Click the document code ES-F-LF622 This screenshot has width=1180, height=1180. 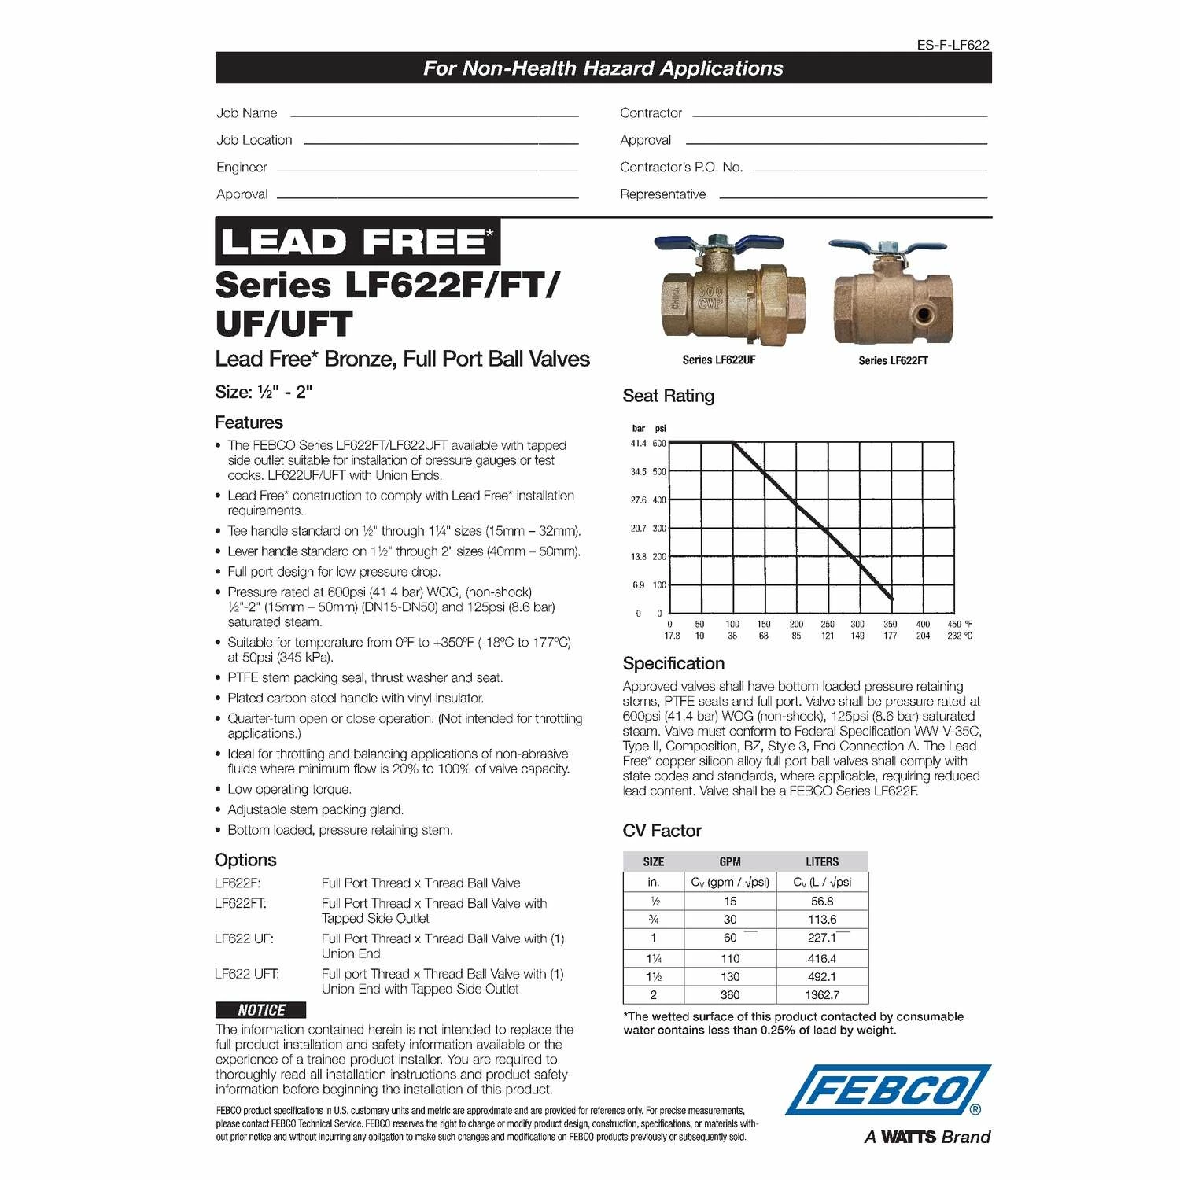point(953,45)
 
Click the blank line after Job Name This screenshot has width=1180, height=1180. point(434,116)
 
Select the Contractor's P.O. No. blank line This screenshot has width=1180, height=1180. point(869,170)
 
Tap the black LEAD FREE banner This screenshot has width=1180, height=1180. point(357,242)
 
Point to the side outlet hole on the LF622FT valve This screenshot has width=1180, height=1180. point(923,315)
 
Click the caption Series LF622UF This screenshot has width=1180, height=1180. point(718,360)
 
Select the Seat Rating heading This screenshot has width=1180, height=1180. point(668,396)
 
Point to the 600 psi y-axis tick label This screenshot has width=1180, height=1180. point(659,443)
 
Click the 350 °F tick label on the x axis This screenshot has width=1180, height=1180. point(890,624)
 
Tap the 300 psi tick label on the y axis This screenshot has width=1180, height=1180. point(659,529)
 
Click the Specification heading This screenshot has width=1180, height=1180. point(673,663)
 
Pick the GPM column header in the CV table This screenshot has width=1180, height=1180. point(730,861)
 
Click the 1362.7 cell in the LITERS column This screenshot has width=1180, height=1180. point(822,995)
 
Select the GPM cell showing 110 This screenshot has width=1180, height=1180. point(730,958)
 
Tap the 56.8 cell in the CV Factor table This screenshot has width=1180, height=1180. point(822,902)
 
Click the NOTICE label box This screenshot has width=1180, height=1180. point(260,1010)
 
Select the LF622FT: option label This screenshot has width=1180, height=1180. point(241,903)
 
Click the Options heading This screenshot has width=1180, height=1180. point(245,860)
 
